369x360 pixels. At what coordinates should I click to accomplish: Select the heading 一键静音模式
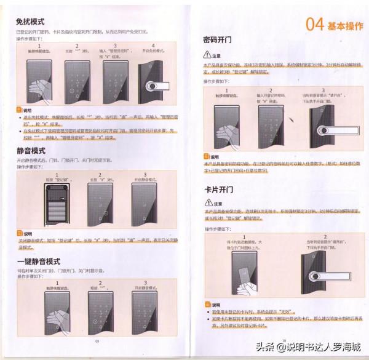point(38,262)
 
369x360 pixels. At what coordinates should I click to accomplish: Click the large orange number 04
point(315,24)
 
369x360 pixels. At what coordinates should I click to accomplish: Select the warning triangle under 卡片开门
point(207,203)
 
